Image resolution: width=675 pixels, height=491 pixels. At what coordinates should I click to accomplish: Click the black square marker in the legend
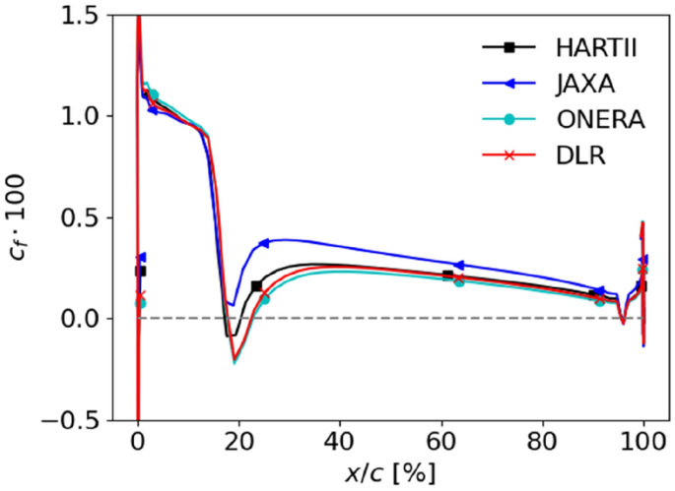(509, 47)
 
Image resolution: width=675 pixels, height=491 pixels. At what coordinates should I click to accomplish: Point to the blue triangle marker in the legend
(509, 84)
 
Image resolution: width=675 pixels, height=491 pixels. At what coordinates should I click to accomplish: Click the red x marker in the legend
(509, 156)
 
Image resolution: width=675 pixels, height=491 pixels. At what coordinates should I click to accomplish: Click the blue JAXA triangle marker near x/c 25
(264, 243)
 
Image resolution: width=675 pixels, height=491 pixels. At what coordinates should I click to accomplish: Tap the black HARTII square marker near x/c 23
(256, 286)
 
